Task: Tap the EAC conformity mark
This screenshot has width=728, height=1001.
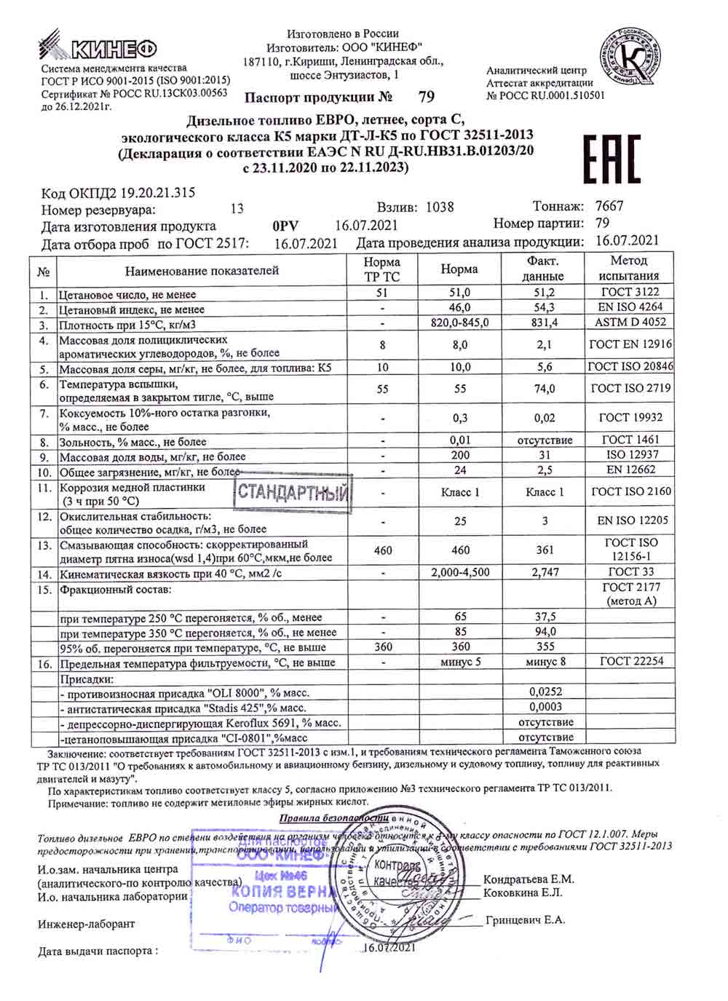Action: tap(612, 159)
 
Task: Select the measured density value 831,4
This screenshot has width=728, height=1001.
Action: tap(544, 323)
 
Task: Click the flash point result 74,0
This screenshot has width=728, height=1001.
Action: tap(544, 389)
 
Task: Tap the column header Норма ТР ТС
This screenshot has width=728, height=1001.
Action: tap(382, 269)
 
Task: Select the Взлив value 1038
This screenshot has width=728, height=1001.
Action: tap(440, 207)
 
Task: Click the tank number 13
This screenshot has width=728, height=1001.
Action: tap(237, 209)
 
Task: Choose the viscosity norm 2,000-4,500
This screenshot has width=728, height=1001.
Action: tap(460, 572)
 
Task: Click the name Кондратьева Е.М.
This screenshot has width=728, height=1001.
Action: tap(529, 879)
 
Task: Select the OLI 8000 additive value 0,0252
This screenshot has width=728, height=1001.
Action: tap(545, 692)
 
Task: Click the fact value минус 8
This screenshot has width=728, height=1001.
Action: tap(545, 662)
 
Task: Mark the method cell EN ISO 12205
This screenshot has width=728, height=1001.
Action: tap(632, 521)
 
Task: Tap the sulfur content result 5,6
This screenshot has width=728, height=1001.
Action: tap(544, 368)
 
